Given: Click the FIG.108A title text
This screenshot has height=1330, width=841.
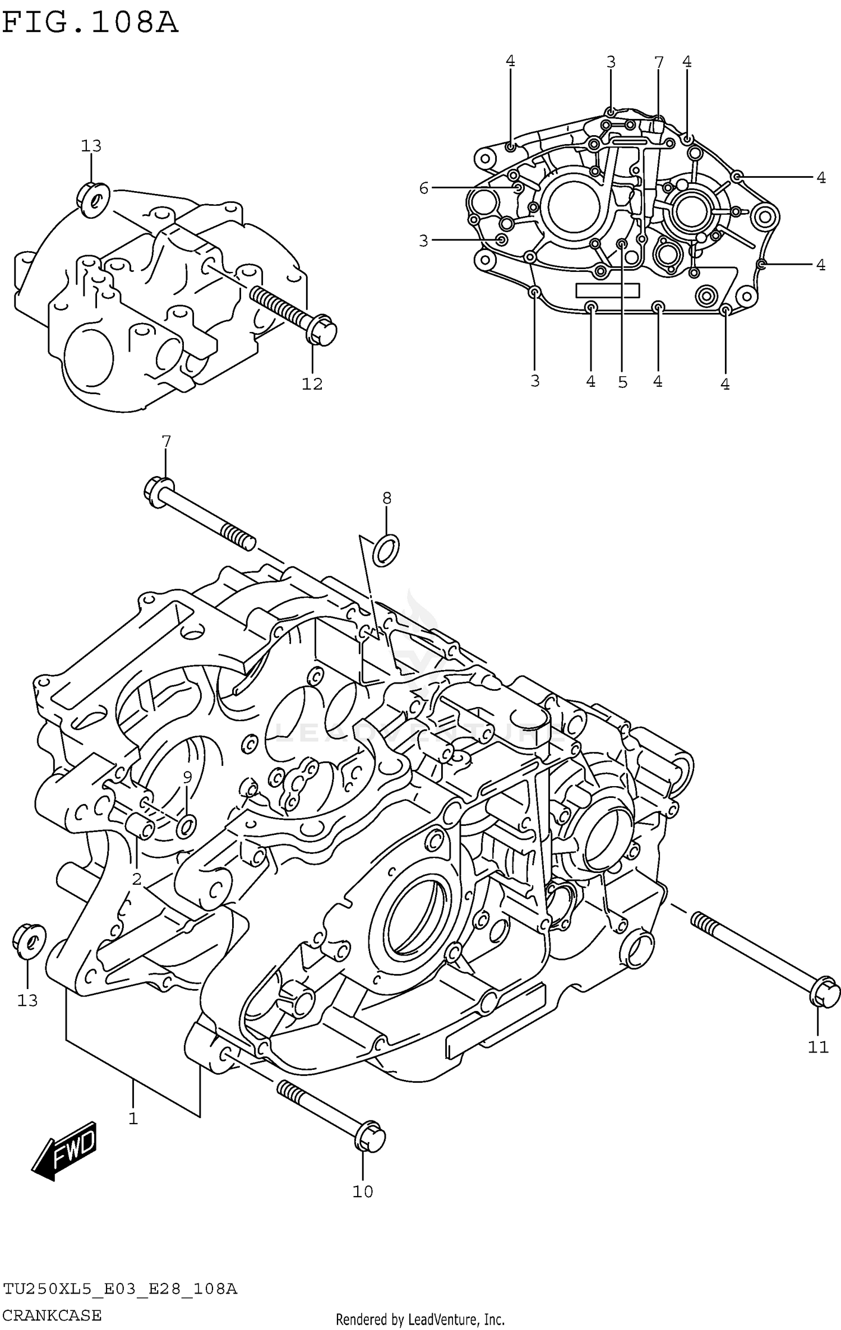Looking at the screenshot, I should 90,24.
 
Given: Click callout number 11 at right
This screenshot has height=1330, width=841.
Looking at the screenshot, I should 818,1046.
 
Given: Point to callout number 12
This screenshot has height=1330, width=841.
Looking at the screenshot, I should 312,384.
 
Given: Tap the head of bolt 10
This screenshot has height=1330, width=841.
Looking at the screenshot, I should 370,1135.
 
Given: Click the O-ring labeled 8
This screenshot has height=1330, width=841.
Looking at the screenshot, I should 386,550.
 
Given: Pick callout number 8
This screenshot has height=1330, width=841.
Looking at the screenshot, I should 387,498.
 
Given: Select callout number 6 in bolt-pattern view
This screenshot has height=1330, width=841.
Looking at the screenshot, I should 424,188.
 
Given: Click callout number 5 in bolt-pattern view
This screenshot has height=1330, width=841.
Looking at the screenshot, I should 623,382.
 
